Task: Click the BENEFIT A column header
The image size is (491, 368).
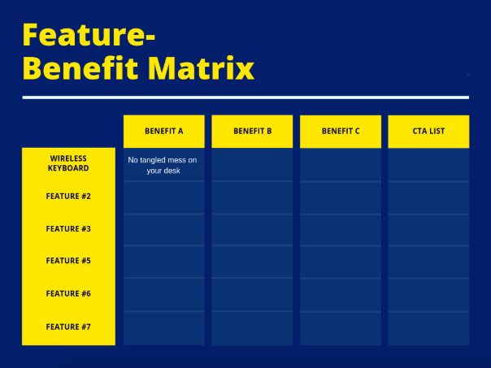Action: pos(163,131)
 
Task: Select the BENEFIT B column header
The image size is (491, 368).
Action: pos(252,131)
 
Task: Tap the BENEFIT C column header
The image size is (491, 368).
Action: pos(341,131)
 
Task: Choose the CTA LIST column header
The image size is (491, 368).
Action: pos(428,131)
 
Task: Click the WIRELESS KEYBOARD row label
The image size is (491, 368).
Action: pos(68,163)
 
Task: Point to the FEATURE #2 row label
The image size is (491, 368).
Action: pos(68,197)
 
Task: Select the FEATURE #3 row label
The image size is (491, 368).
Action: pos(68,229)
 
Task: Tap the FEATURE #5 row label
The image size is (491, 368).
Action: pos(68,261)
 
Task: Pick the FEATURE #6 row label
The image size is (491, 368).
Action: pos(68,293)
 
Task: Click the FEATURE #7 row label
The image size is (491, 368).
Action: pos(68,327)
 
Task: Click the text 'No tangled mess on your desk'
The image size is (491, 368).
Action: pos(163,165)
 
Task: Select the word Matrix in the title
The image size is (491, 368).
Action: pos(201,68)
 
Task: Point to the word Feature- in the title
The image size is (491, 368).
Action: pos(89,35)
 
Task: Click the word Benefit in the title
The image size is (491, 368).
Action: pos(80,68)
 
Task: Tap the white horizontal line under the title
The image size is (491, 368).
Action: pos(245,97)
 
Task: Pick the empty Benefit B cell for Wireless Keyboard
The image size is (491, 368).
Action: pos(252,165)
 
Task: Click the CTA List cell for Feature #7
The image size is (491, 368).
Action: pos(428,328)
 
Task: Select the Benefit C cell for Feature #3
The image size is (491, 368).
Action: pos(341,230)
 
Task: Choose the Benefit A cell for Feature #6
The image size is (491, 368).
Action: pos(164,295)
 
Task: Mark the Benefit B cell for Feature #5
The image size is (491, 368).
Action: pos(252,262)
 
